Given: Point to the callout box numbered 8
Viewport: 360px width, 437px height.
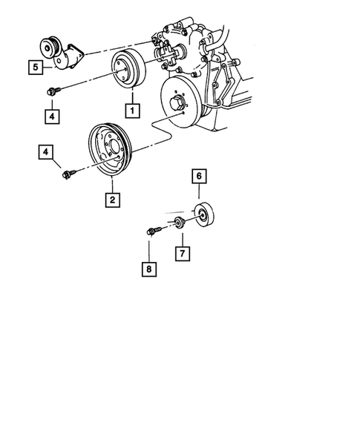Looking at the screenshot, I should click(151, 269).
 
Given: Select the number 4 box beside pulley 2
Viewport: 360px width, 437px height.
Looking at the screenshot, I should click(47, 154).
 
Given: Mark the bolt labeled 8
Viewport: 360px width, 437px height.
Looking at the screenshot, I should click(152, 231).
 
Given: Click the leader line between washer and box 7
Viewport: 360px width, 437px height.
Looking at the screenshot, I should click(181, 237).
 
